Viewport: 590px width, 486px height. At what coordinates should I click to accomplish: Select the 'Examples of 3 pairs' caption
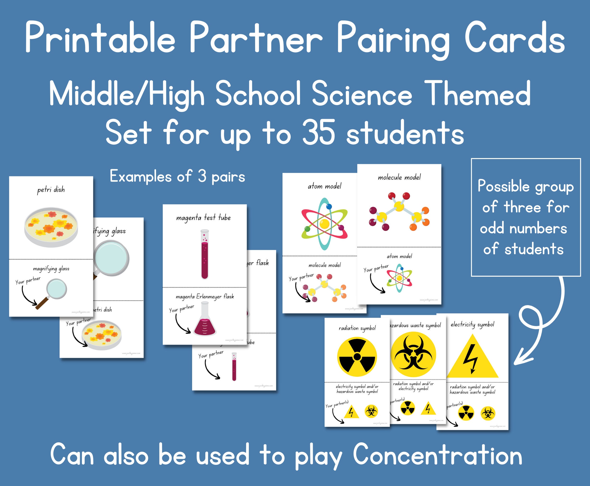coord(177,176)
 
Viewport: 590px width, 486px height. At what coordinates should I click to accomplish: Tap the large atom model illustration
coord(325,224)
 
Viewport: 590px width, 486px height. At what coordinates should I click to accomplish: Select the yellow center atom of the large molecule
coord(399,207)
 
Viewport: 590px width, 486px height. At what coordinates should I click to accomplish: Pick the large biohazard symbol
coord(413,354)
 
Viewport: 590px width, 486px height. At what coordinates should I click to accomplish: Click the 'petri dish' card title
coord(51,190)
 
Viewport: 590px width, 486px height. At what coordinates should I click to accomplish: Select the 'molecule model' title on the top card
coord(399,177)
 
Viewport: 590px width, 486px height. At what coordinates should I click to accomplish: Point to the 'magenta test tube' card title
coord(203,217)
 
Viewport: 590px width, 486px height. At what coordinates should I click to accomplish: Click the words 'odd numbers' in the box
coord(523,228)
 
